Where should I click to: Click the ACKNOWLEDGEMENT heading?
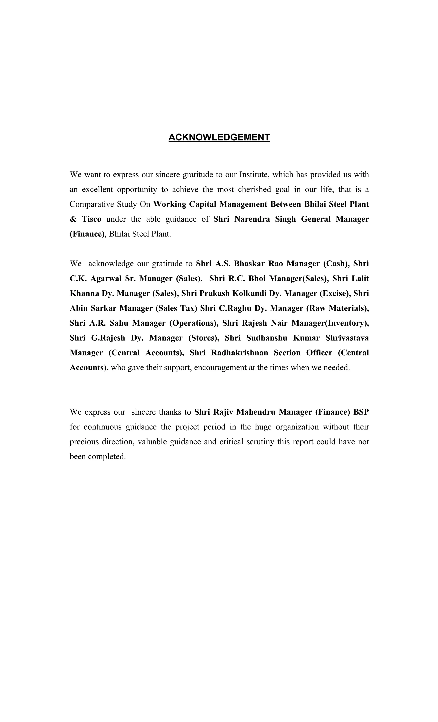219,137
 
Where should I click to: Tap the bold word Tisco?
91,219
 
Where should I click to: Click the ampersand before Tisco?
73,219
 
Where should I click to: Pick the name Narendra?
252,219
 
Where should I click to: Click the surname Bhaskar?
249,264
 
